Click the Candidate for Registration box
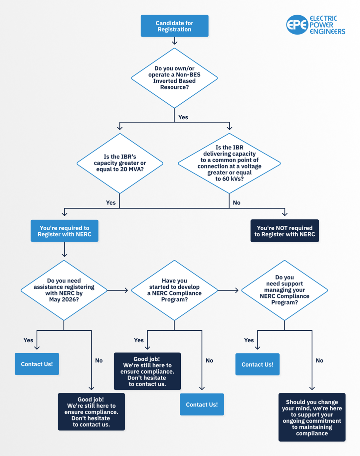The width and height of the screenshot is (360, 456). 174,26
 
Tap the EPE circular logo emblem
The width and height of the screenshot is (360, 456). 297,25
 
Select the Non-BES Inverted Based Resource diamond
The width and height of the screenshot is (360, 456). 174,78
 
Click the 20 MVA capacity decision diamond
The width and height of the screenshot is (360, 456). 120,163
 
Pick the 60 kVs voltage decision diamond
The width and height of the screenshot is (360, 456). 229,163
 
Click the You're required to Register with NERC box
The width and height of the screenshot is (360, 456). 65,231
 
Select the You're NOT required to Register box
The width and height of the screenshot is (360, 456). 285,231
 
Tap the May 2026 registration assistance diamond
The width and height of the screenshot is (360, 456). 64,290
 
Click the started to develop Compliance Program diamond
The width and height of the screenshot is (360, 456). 174,290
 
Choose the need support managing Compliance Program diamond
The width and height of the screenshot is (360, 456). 284,290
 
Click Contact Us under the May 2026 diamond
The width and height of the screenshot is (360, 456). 37,364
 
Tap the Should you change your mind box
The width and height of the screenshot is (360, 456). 312,417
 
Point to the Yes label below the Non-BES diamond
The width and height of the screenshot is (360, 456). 183,117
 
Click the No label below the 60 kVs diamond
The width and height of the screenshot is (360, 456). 237,203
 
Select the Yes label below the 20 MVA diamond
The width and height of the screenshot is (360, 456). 111,203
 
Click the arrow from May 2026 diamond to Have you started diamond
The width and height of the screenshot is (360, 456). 117,290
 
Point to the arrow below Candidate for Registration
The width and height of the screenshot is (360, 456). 175,41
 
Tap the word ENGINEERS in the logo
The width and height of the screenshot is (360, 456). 327,32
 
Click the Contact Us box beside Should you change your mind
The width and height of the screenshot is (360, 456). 257,364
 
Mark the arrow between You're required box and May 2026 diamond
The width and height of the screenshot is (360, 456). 65,249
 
